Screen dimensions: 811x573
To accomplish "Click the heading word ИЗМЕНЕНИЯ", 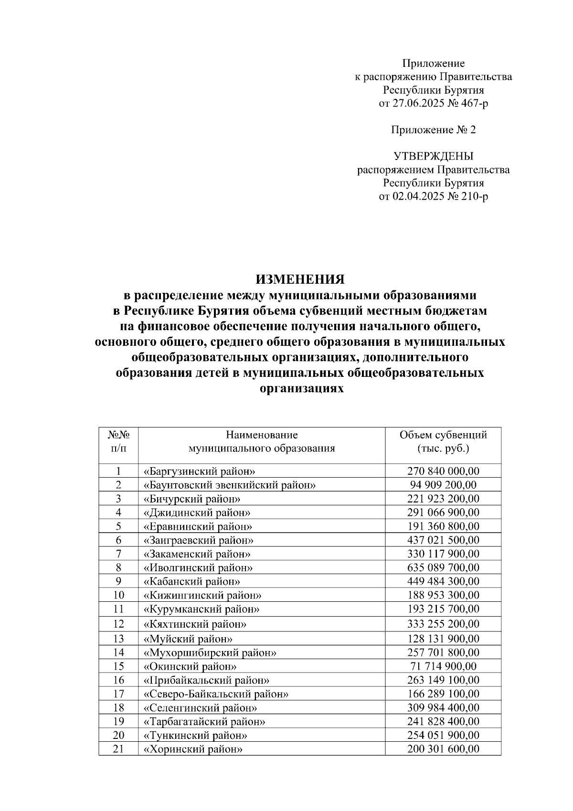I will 300,279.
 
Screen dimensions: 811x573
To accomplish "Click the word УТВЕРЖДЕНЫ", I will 434,156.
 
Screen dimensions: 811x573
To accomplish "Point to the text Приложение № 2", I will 434,130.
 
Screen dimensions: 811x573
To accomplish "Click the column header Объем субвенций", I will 443,435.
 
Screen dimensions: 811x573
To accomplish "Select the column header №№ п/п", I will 118,442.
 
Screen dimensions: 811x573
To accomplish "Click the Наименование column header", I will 262,435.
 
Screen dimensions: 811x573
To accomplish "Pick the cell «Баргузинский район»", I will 196,471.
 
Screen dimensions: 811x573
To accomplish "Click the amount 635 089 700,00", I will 443,568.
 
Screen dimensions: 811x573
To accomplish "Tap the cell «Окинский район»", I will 190,667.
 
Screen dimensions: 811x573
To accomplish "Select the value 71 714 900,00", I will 443,667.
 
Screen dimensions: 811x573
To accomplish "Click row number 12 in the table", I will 118,624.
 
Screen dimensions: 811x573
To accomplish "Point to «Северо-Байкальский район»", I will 216,694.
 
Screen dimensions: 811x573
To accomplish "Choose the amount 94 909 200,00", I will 443,485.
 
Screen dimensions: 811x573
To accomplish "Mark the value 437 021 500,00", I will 443,540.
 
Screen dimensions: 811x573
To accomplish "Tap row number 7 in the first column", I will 118,554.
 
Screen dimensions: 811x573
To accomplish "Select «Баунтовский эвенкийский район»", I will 230,485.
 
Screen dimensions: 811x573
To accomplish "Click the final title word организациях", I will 301,389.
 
